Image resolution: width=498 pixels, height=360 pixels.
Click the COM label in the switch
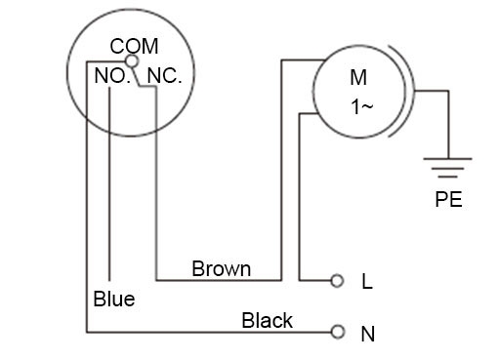point(135,46)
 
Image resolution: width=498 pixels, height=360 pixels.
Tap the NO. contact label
point(112,76)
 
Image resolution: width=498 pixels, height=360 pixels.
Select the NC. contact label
point(164,76)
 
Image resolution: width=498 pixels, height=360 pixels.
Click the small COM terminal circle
point(133,60)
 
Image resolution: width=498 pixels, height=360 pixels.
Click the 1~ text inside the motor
point(361,107)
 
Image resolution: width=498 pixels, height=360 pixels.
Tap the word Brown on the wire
point(222,268)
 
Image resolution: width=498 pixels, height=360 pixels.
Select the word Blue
point(114,299)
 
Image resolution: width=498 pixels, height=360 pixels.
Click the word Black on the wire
point(267,320)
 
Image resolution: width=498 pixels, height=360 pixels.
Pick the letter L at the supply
point(367,282)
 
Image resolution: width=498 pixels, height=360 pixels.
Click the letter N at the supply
point(368,334)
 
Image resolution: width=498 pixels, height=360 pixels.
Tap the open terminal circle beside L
point(338,281)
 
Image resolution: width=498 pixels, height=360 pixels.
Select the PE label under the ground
point(448,200)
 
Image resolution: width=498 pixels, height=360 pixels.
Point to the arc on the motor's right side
point(411,94)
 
